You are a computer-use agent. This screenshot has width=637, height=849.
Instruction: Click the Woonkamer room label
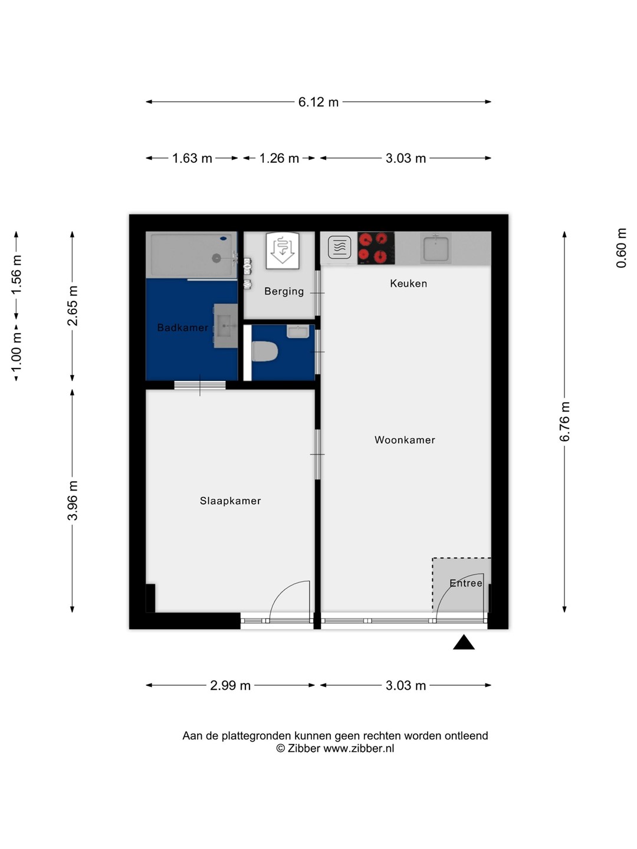pos(405,440)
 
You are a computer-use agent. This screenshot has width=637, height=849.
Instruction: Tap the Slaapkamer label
pos(230,501)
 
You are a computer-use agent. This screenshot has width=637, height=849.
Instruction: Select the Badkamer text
pos(183,328)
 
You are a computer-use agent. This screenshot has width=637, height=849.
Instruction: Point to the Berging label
pos(284,291)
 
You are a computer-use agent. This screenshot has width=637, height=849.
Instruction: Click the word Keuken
pos(408,284)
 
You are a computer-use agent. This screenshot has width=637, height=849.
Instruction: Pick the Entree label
pos(466,583)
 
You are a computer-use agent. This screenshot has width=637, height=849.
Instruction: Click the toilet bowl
pos(265,351)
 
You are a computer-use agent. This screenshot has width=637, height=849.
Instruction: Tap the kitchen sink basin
pos(436,248)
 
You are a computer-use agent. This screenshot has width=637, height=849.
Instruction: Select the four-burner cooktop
pos(376,248)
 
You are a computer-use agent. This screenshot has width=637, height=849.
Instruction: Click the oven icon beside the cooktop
pos(340,247)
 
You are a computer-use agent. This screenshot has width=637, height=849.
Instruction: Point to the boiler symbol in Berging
pos(283,251)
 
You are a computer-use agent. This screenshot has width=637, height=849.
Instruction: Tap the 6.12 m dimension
pos(318,102)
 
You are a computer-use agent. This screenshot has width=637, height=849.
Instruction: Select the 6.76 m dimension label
pos(564,421)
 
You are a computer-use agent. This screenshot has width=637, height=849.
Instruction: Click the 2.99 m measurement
pos(230,685)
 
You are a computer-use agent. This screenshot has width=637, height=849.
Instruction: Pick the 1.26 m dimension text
pos(279,158)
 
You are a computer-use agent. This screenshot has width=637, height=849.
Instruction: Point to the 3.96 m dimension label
pos(73,501)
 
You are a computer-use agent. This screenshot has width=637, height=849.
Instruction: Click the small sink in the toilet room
pos(298,331)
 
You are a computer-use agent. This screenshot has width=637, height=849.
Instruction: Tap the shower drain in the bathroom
pos(216,258)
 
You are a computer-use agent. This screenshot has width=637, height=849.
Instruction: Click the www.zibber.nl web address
pos(359,748)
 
